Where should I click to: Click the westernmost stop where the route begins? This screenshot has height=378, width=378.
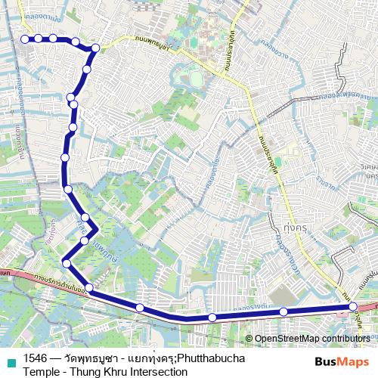coord(25,39)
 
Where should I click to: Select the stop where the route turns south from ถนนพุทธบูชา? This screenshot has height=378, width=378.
coord(95,49)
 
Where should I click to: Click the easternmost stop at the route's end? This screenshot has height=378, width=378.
coord(353,306)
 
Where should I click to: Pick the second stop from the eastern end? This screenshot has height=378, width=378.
coord(283,311)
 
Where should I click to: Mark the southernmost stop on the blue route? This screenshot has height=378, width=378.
coord(212,318)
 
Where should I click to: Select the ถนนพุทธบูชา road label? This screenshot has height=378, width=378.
coord(144,45)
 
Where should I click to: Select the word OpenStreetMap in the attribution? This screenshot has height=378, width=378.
coord(290,339)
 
